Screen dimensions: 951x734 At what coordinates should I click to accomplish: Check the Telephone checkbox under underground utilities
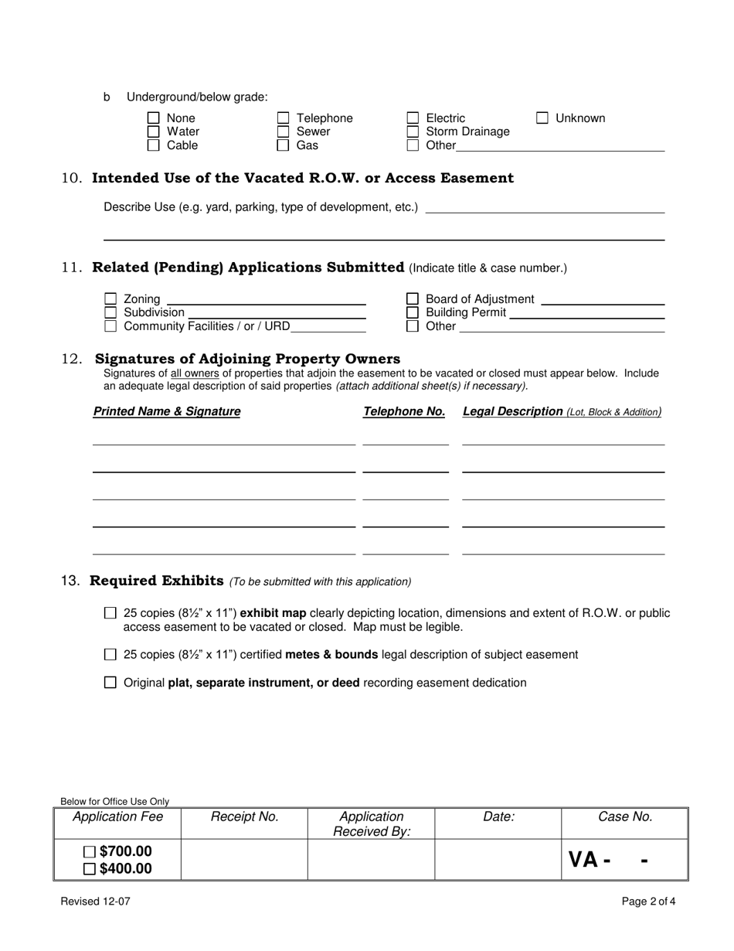click(284, 118)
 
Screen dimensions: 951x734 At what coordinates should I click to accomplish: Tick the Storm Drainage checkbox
click(413, 131)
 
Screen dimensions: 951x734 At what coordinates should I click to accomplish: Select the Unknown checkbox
click(542, 118)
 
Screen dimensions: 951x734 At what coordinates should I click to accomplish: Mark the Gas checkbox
click(284, 145)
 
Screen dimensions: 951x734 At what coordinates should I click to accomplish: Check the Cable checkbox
click(154, 145)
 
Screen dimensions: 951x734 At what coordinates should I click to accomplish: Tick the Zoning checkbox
click(110, 299)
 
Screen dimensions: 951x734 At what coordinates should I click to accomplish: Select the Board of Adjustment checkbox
click(413, 299)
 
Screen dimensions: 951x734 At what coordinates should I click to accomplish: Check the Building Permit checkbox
click(413, 312)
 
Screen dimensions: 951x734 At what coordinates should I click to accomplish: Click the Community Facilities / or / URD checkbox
click(110, 326)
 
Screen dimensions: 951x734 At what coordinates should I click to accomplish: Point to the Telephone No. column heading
click(404, 412)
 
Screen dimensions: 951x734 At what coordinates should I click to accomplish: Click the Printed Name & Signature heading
click(167, 412)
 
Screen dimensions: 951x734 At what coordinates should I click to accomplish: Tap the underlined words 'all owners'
click(195, 373)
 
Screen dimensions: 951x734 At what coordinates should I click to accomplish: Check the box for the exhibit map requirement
click(110, 613)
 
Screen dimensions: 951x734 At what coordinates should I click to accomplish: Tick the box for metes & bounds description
click(110, 655)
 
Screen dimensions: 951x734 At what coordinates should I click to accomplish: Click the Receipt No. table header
click(244, 817)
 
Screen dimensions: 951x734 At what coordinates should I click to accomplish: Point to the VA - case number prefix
click(590, 860)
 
